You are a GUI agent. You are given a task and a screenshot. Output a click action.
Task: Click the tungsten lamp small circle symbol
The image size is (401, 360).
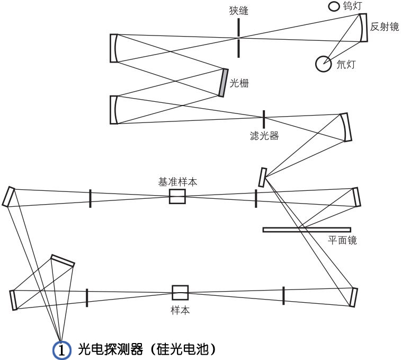click(334, 6)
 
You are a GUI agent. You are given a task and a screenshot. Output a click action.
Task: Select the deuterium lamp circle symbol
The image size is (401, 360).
click(323, 64)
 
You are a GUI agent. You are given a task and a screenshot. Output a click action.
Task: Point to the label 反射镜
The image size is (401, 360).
click(385, 27)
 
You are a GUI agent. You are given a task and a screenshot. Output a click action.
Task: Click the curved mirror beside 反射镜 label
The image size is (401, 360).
click(363, 28)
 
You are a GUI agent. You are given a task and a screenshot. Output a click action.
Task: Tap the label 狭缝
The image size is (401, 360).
click(239, 11)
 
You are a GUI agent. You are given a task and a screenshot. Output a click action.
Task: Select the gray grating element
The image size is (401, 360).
click(223, 82)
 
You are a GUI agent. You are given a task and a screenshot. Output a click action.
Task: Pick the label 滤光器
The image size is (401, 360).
click(264, 136)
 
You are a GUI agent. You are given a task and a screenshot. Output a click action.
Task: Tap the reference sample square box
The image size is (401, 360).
click(177, 197)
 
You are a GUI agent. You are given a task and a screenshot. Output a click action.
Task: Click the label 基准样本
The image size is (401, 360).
click(177, 181)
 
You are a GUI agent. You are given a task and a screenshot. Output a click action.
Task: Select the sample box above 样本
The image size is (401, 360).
click(180, 293)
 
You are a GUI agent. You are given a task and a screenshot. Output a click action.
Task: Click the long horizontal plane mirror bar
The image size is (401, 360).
click(306, 230)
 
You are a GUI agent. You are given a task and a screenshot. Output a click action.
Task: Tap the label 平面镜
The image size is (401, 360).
click(343, 240)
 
